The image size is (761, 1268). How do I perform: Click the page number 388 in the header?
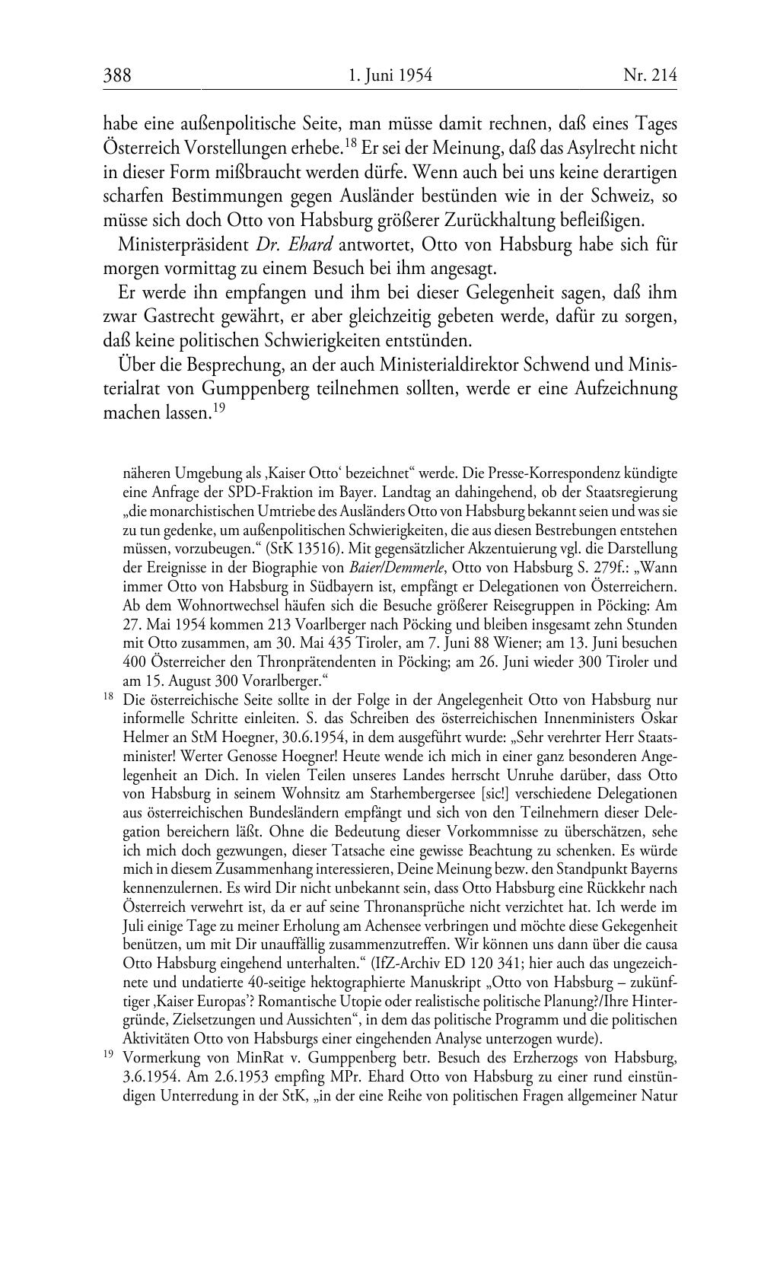coord(117,75)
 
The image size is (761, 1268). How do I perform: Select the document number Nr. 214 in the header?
coord(649,75)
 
